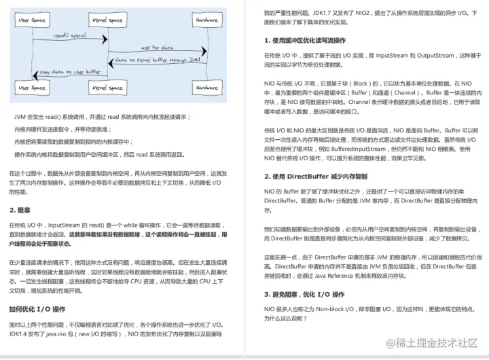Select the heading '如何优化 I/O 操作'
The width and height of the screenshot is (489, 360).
tap(37, 310)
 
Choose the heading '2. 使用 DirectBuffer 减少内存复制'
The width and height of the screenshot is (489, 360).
tap(315, 177)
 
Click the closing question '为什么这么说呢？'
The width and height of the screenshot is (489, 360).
tap(287, 317)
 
